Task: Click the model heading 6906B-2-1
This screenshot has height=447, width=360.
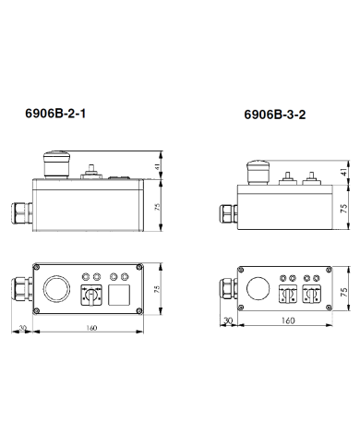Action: click(55, 114)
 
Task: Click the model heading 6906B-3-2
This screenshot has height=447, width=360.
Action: click(275, 115)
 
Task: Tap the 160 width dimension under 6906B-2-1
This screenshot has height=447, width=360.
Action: click(91, 328)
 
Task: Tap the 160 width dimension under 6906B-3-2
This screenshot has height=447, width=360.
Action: click(288, 320)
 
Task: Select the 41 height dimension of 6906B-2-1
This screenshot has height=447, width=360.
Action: click(157, 166)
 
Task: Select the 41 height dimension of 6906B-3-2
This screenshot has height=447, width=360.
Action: click(344, 172)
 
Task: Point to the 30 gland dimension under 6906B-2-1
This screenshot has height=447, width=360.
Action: click(22, 328)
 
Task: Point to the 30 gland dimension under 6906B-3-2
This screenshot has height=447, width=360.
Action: click(228, 320)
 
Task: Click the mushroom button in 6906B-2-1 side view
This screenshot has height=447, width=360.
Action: click(56, 164)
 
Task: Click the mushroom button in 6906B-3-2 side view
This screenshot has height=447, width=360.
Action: click(258, 173)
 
